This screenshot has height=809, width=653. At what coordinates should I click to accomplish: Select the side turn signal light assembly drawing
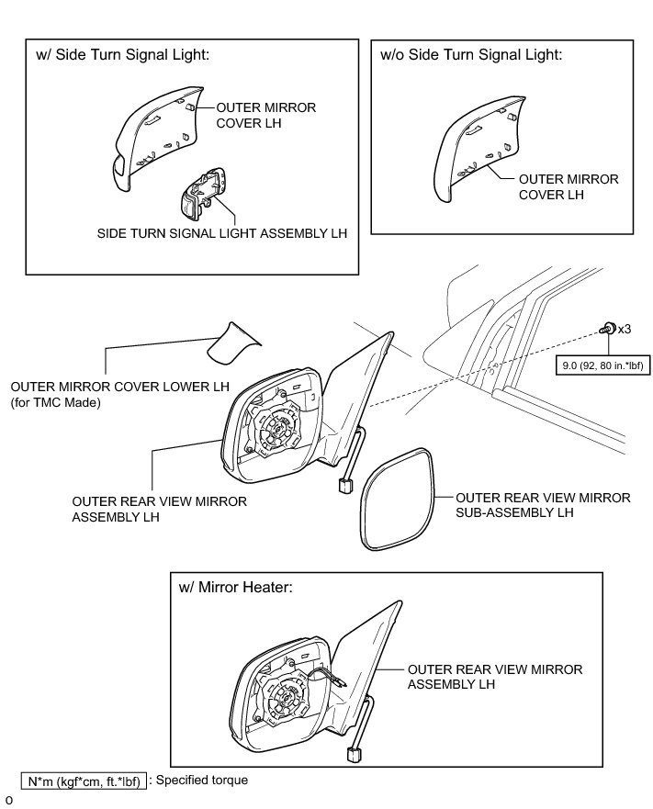[202, 194]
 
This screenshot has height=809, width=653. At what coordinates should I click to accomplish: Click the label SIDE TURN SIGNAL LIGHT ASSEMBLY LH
[222, 233]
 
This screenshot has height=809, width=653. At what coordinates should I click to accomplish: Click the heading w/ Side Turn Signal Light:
[123, 55]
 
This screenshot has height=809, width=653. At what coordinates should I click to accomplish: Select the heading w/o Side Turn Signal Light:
[470, 55]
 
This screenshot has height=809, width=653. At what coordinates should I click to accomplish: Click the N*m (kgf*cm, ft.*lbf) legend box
[84, 781]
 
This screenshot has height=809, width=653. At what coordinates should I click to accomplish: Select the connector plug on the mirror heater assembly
[354, 754]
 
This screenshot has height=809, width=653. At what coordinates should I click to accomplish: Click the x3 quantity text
[625, 328]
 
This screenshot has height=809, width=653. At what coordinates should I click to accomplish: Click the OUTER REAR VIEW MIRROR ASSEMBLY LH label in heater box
[494, 677]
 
